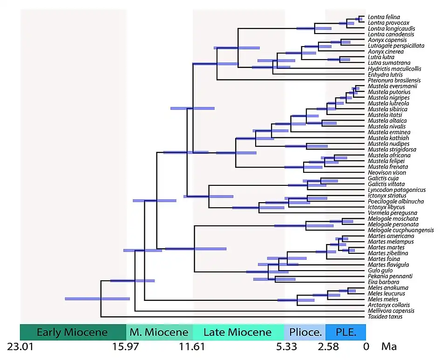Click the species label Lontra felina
coord(384,17)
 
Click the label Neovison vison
coord(386,172)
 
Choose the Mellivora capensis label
coord(391,311)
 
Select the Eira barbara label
coord(383,282)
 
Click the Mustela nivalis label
coord(386,126)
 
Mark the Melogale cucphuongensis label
coord(400,230)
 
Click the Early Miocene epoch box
coord(72,333)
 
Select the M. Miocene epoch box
coord(159,333)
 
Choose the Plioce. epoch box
coord(305,333)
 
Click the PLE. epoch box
coord(345,333)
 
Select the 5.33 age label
coord(284,347)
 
